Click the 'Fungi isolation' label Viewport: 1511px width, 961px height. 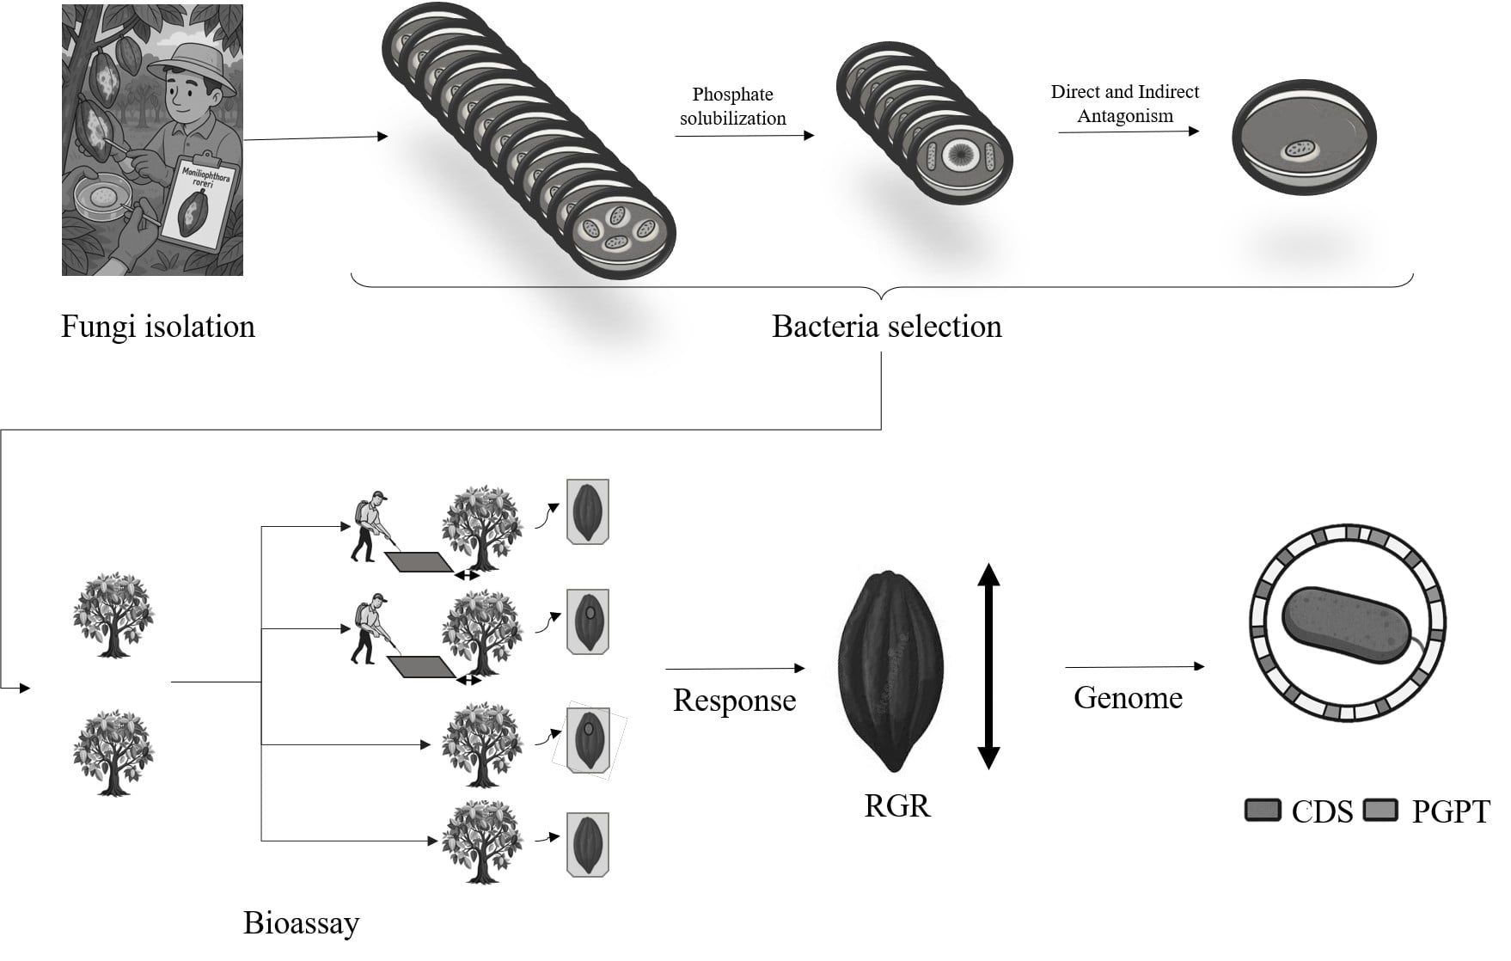pos(158,327)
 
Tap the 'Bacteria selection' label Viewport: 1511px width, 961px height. pos(886,327)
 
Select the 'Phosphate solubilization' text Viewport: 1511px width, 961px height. pos(732,107)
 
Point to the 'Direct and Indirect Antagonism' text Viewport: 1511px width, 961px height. pos(1124,104)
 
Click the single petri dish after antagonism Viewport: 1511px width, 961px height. pos(1303,140)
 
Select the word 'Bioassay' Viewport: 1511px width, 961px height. pos(301,923)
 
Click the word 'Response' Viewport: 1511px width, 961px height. pos(734,701)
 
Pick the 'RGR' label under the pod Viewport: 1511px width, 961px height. pos(896,806)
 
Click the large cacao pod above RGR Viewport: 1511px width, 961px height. pos(890,670)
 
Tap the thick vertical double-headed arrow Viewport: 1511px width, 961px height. pos(988,666)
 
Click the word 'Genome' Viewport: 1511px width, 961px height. pos(1128,697)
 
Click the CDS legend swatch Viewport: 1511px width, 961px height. pos(1263,811)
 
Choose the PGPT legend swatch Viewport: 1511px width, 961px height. pos(1381,811)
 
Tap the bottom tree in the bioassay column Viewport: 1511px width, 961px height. pos(481,842)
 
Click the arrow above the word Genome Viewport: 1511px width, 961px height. pos(1135,666)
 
